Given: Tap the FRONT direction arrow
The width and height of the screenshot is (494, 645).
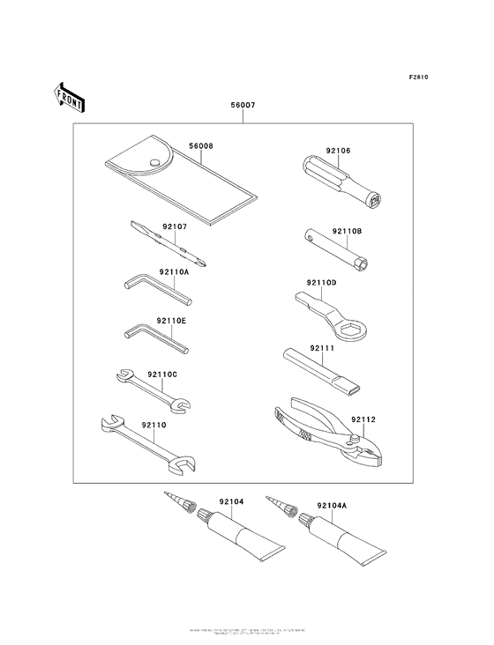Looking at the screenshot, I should pos(70,97).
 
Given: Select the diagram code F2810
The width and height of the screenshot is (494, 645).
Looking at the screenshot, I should pos(418,78).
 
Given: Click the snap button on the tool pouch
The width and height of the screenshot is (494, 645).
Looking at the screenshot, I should pos(154,161).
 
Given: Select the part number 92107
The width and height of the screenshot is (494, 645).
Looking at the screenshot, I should pos(175,226).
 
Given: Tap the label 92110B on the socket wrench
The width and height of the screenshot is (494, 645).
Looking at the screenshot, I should pos(348,232).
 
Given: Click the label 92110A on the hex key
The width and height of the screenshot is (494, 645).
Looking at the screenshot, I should pos(175,273).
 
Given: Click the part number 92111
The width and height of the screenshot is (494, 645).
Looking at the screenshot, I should pos(322,349).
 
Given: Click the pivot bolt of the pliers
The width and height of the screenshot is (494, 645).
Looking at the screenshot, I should pos(356,440).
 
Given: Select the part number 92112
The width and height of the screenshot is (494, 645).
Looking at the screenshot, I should pos(363,420).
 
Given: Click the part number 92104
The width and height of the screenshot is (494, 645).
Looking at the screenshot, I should pos(230,501).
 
